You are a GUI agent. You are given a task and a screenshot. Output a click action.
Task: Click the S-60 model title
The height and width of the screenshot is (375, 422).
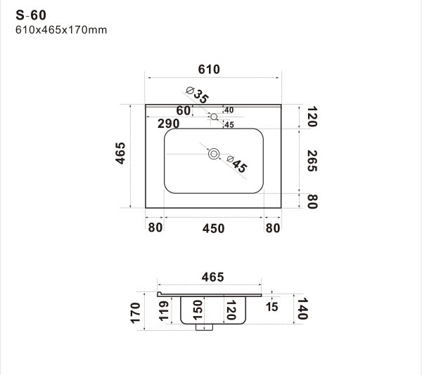click(31, 15)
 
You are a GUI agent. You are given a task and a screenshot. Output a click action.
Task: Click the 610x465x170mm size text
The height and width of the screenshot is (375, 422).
click(61, 29)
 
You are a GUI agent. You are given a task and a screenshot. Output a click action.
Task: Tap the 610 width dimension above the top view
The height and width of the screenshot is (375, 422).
click(209, 70)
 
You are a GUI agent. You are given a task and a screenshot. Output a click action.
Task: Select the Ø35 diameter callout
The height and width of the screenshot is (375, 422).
click(198, 95)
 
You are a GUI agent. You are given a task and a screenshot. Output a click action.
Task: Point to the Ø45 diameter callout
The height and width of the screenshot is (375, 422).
click(237, 164)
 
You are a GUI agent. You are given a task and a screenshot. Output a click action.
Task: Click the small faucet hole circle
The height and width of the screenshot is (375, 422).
click(214, 117)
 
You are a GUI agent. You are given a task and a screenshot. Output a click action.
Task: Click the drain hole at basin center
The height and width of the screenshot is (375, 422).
click(214, 154)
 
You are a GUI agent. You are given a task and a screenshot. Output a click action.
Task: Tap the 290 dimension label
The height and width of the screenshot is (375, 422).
click(169, 124)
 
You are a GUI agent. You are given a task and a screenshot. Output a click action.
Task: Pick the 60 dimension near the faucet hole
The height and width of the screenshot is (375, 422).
click(183, 110)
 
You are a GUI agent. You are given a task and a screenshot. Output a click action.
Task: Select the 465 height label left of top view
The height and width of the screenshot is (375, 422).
click(120, 153)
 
